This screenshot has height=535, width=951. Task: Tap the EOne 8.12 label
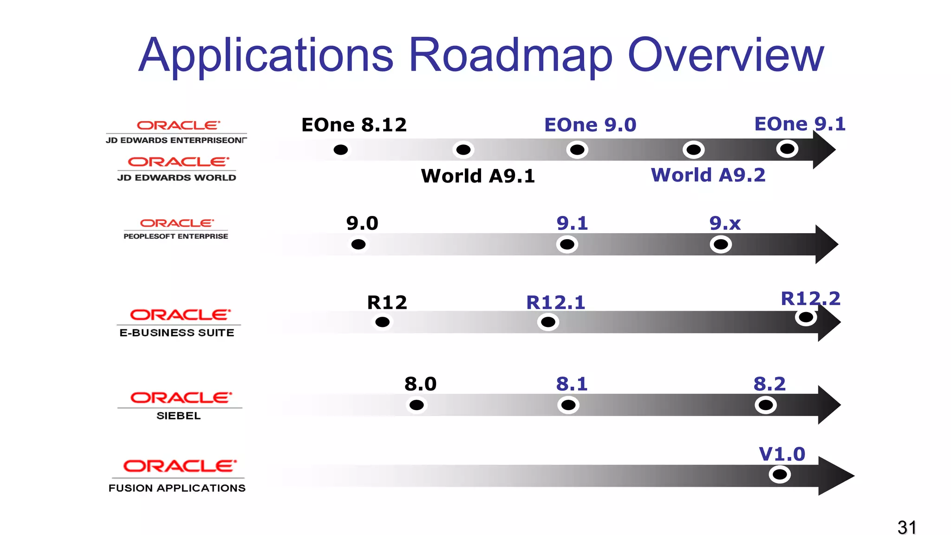tap(354, 125)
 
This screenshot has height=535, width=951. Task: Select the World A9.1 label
tap(478, 176)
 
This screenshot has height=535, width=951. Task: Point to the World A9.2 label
tap(708, 175)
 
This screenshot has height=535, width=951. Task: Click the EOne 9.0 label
tap(590, 125)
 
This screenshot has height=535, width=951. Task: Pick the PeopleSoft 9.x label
tap(724, 223)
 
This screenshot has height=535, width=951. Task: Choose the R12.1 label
tap(555, 303)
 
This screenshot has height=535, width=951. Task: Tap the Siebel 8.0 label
tap(420, 384)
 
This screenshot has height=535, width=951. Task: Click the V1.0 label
tap(782, 454)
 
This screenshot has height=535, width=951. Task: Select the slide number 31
tap(907, 528)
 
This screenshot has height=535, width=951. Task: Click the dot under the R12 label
tap(382, 322)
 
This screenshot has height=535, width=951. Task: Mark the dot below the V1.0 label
tap(780, 475)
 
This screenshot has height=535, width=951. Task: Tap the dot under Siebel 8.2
tap(766, 405)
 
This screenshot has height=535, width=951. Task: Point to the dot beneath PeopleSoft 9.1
tap(567, 244)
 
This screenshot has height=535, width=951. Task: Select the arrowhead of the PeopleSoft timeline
tap(826, 244)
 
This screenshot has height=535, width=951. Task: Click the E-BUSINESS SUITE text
tap(177, 333)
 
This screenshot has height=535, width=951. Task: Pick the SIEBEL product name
tap(178, 416)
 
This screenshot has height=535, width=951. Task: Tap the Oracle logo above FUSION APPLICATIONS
tap(180, 466)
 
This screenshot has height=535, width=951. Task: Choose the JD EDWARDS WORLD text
tap(176, 178)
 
